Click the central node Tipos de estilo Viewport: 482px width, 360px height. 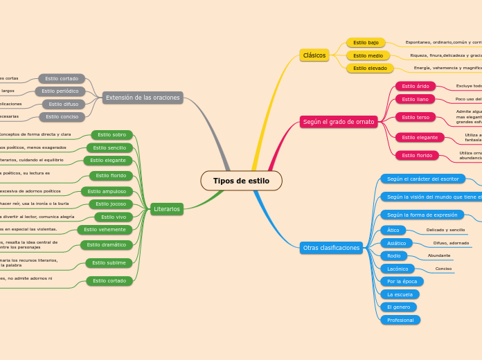241,181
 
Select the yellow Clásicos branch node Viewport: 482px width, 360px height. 314,55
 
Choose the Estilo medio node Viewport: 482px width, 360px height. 368,55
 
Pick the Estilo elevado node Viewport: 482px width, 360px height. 370,68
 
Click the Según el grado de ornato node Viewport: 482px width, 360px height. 339,122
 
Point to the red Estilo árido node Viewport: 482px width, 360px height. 416,86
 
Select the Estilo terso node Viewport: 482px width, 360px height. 416,117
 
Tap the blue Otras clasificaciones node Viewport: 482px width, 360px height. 332,248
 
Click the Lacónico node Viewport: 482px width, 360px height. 398,269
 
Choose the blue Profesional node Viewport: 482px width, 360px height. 400,320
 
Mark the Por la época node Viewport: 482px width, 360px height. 402,281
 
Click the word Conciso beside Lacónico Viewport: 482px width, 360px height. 443,269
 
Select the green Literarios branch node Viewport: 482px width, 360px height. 167,208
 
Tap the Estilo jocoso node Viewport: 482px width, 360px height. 111,204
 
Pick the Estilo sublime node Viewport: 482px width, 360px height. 109,262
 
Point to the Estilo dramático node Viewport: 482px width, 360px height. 107,244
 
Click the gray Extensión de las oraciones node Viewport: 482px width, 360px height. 143,98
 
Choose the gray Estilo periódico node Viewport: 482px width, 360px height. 60,91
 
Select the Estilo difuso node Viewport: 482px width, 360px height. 64,104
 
